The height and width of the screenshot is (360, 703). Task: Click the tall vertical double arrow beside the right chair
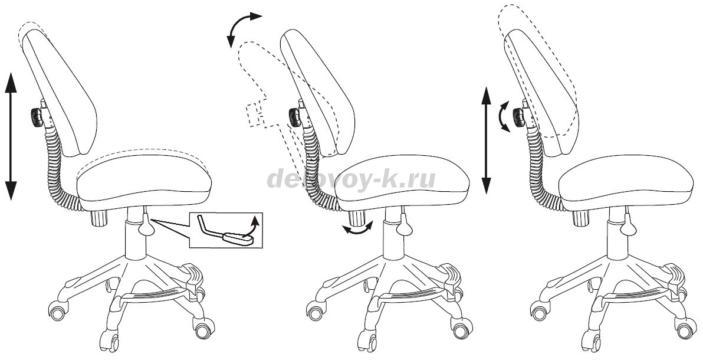coord(486,140)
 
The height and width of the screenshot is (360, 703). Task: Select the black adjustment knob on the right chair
coord(519,117)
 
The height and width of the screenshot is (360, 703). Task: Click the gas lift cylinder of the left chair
coord(135,242)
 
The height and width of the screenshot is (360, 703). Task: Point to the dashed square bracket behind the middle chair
coord(256,114)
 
